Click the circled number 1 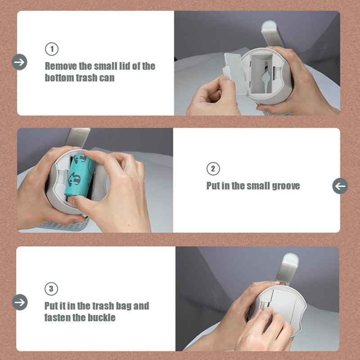(52, 49)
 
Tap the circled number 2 (213, 169)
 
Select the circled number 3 (51, 289)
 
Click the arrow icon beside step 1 (19, 62)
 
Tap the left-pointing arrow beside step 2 (340, 186)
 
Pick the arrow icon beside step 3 (20, 302)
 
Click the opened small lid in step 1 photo (234, 73)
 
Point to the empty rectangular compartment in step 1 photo (261, 73)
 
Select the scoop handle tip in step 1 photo (269, 25)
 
